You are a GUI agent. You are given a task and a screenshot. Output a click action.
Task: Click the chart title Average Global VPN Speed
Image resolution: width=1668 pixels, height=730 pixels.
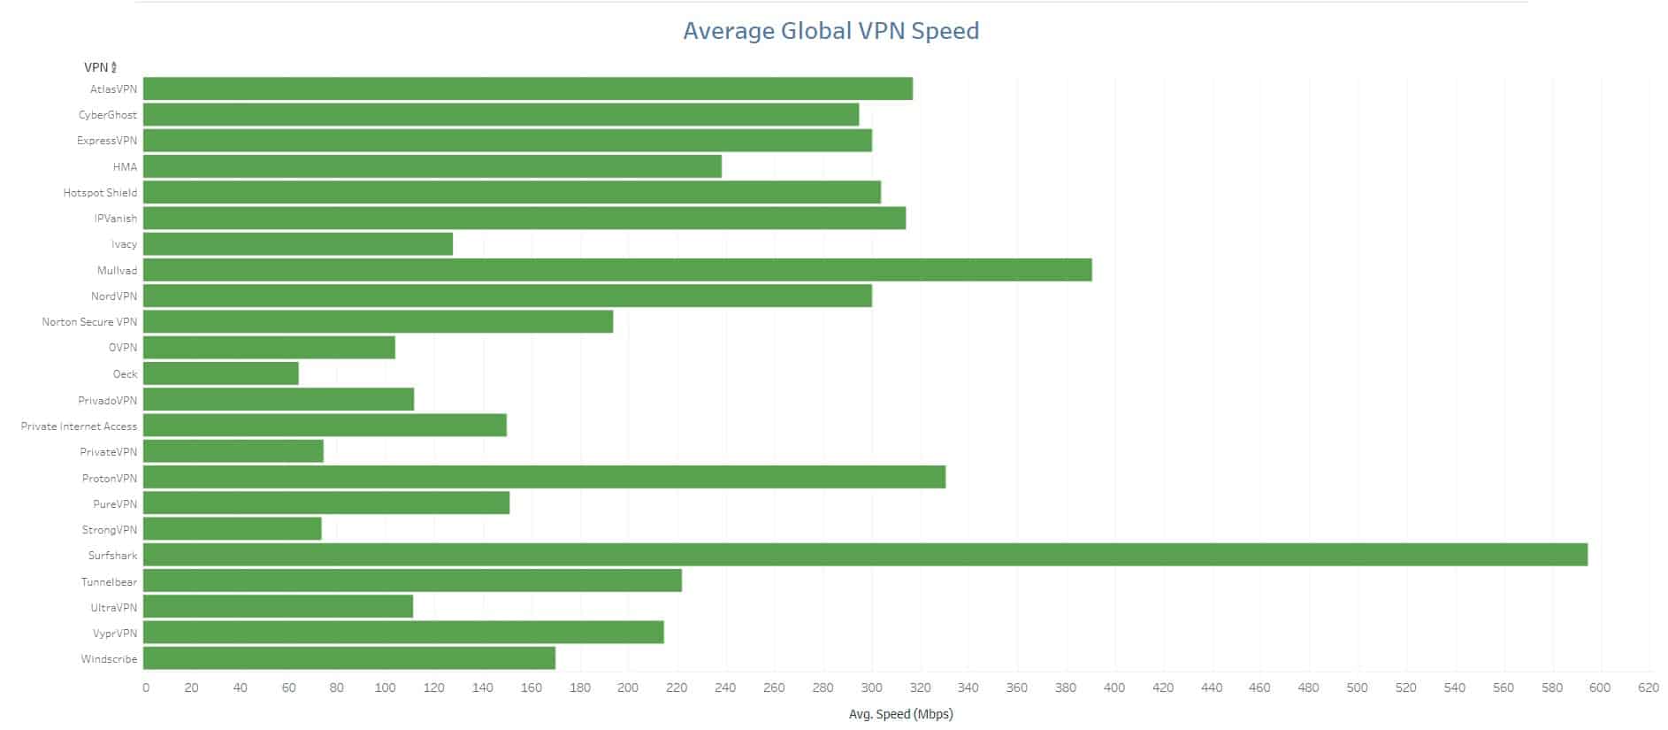[830, 31]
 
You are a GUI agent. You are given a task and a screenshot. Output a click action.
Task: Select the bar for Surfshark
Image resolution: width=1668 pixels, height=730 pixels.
[865, 555]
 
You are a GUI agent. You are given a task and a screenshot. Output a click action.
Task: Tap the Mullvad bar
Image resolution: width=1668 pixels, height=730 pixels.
[617, 270]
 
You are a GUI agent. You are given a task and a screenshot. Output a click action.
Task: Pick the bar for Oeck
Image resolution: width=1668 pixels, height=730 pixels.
[221, 373]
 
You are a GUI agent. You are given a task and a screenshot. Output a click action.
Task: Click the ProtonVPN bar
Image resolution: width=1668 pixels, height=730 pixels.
[544, 477]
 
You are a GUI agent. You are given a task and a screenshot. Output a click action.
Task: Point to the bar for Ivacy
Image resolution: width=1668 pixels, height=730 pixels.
[298, 244]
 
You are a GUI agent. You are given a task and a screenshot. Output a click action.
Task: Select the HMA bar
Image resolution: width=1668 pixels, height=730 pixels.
[432, 166]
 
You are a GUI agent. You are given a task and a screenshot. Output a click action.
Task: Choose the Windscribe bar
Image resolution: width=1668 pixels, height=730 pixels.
[349, 658]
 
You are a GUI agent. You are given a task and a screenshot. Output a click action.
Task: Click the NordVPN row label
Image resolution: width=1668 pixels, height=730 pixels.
[114, 296]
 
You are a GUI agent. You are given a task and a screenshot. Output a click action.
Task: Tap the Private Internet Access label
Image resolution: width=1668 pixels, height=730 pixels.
[79, 426]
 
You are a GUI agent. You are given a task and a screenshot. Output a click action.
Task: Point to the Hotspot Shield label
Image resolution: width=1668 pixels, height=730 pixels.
[100, 193]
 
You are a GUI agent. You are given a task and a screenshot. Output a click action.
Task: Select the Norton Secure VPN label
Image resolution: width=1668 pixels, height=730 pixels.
[89, 322]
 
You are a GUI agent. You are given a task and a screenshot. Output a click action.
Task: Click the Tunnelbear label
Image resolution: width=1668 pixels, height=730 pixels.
[109, 582]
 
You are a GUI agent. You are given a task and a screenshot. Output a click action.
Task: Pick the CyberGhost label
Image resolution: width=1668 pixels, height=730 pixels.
[108, 115]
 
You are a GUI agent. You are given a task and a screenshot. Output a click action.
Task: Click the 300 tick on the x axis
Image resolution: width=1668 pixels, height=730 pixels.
[872, 688]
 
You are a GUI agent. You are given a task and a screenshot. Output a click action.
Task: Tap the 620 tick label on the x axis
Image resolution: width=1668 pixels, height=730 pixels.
[1648, 688]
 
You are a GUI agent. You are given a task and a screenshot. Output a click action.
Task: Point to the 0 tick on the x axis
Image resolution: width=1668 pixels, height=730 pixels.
[146, 688]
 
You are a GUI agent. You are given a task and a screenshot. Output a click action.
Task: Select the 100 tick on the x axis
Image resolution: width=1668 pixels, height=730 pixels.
[385, 688]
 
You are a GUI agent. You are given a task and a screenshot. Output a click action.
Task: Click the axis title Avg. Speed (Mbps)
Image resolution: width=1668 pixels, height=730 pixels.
[900, 714]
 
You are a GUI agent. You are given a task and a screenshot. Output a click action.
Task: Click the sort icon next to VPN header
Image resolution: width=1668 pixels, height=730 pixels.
[114, 68]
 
